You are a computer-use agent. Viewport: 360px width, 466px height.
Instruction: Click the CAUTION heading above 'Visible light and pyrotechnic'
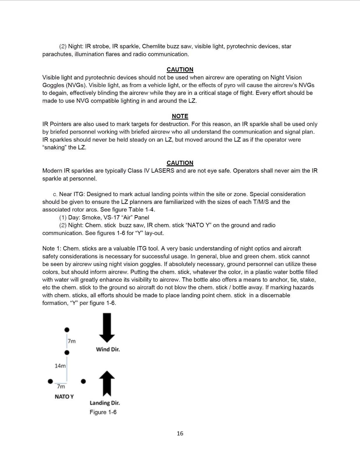pos(180,70)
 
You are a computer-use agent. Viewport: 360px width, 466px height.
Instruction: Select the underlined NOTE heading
pos(180,116)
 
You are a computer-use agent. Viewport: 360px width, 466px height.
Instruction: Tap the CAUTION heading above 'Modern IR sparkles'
pos(180,163)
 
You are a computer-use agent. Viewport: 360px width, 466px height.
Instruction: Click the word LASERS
pos(163,171)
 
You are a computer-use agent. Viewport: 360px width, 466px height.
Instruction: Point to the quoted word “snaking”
pos(55,147)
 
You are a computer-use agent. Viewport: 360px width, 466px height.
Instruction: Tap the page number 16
pos(180,433)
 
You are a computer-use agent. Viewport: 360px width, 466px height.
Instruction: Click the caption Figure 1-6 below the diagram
pos(103,412)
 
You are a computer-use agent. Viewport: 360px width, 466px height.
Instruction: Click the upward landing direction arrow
pos(107,383)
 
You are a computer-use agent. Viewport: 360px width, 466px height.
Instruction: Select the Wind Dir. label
pos(108,349)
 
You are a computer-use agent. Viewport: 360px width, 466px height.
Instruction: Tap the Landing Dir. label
pos(105,403)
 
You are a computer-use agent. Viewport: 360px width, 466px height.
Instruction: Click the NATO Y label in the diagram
pos(64,397)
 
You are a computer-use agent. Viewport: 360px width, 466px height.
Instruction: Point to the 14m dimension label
pos(60,366)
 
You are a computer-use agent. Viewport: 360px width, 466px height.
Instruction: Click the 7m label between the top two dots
pos(72,341)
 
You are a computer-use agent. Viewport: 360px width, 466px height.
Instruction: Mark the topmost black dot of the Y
pos(67,330)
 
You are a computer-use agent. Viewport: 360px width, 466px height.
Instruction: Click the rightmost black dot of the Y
pos(83,381)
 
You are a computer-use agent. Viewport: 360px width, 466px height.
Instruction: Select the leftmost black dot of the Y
pos(50,381)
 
